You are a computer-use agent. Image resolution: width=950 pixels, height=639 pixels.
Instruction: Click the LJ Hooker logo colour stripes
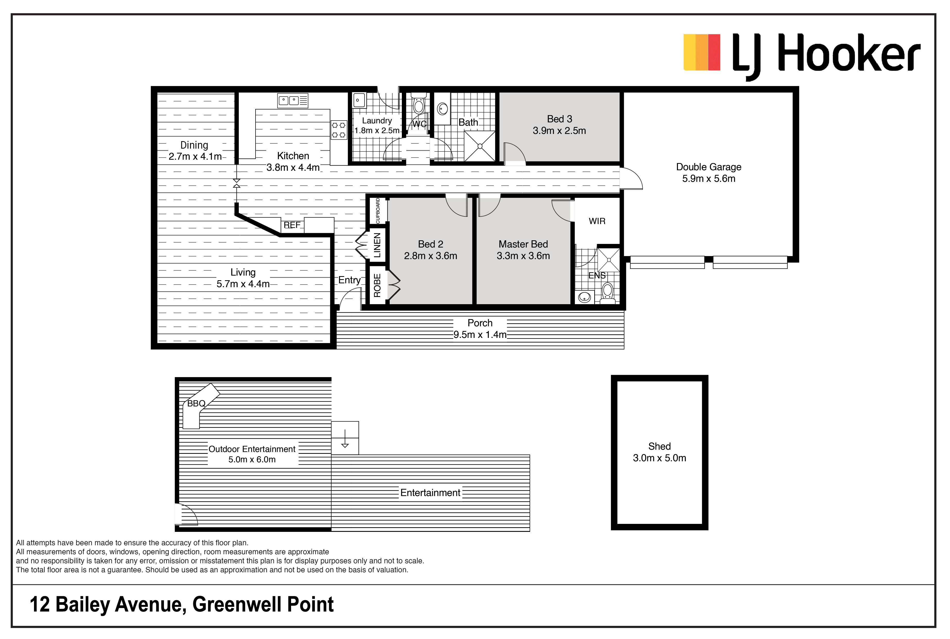(702, 52)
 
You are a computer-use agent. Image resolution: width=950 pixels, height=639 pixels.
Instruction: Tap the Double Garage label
(708, 167)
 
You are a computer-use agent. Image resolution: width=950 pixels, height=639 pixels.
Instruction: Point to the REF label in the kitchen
(292, 225)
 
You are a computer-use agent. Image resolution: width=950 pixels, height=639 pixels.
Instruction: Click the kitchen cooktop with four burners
(338, 130)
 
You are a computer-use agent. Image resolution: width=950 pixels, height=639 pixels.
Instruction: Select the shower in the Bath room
(480, 146)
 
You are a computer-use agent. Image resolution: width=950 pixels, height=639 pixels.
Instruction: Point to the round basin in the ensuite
(584, 297)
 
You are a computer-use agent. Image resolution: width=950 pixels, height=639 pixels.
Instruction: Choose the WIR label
(597, 221)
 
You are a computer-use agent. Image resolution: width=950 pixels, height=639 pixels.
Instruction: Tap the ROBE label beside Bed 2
(377, 285)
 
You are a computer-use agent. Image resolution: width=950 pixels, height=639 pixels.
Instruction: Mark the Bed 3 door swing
(515, 154)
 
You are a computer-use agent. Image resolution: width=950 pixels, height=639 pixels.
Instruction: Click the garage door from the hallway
(631, 178)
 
